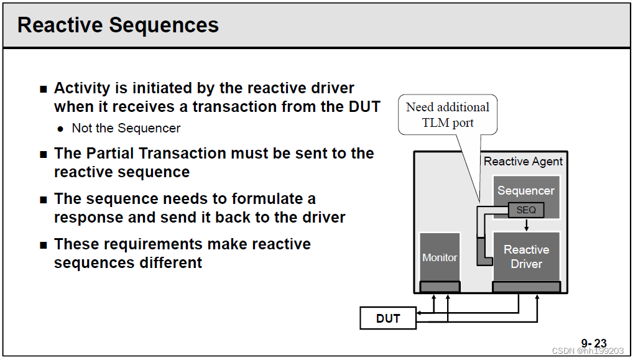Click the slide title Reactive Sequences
[x=118, y=25]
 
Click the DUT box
[x=388, y=318]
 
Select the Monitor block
[x=440, y=257]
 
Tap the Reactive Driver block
[x=526, y=256]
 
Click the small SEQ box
[x=526, y=210]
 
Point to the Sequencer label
[x=526, y=191]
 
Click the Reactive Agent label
[x=523, y=162]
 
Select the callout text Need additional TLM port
[x=448, y=115]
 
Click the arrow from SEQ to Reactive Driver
[x=527, y=224]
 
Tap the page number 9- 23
[x=593, y=343]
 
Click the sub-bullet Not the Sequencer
[x=126, y=129]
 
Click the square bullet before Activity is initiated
[x=43, y=89]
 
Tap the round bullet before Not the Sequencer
[x=60, y=129]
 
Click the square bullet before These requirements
[x=43, y=245]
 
